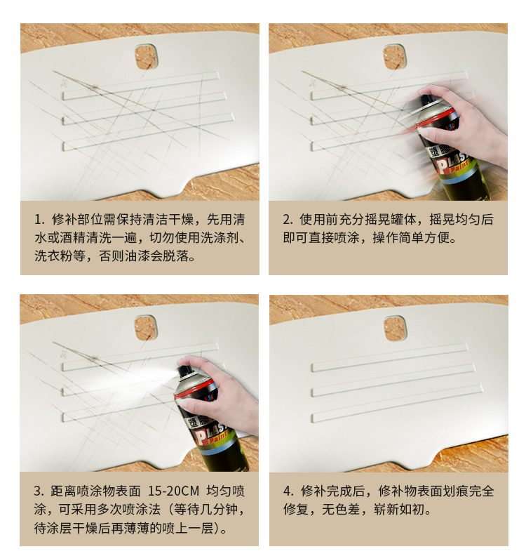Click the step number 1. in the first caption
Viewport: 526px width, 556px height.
coord(40,220)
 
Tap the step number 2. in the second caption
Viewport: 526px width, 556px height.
coord(288,220)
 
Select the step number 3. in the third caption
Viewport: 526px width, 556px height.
coord(39,491)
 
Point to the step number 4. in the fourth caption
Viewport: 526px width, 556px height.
coord(288,491)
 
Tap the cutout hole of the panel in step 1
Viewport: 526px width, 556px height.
coord(146,57)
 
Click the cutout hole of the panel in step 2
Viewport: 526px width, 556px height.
coord(395,57)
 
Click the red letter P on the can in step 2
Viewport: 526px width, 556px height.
coord(443,166)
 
